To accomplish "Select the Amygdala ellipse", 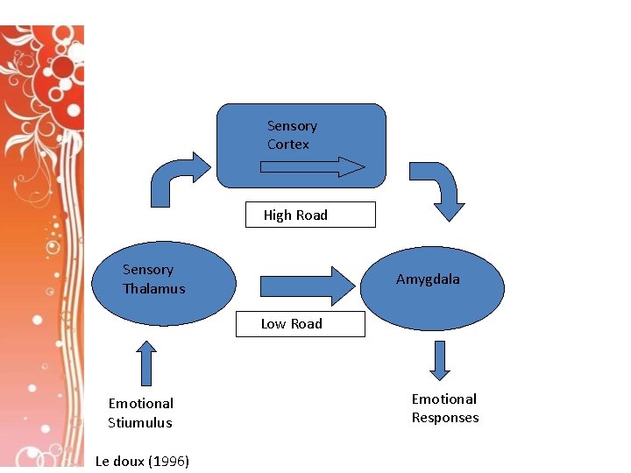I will click(433, 298).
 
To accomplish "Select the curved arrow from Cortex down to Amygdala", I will click(443, 188).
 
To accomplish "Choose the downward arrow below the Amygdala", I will click(440, 360).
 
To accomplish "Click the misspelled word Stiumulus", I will click(140, 422).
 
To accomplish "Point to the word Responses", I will click(445, 418).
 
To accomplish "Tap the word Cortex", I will click(288, 145).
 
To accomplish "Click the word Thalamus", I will click(154, 288).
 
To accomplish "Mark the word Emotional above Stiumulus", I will click(140, 403).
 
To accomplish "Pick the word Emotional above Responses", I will click(444, 399).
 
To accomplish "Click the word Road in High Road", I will click(311, 215).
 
